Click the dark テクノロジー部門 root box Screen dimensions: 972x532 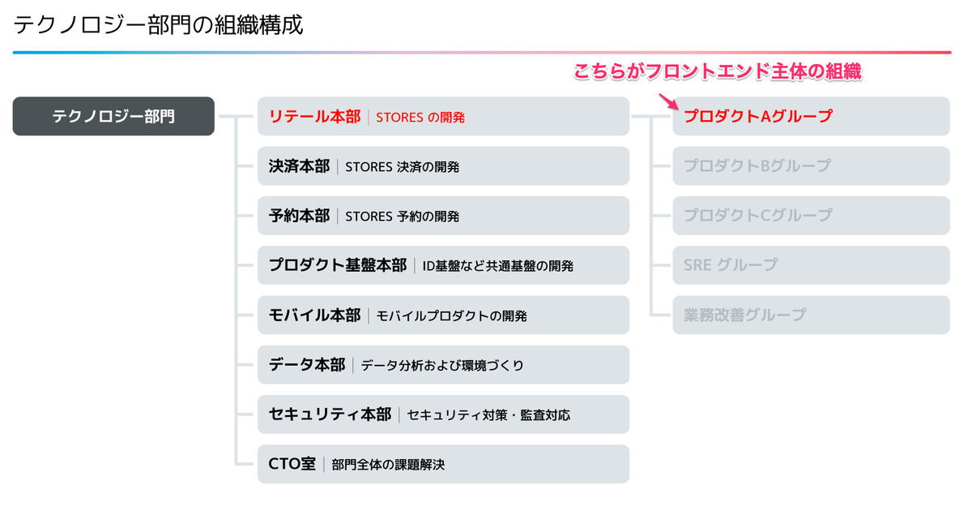pos(113,116)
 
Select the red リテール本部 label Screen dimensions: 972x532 pos(314,117)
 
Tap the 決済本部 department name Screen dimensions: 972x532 pos(299,166)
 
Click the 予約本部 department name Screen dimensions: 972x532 pos(299,216)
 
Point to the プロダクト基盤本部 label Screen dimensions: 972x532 pos(337,265)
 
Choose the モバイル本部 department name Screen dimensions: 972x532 pos(314,315)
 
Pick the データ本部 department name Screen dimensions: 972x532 pos(306,365)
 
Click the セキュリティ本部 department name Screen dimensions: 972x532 pos(330,414)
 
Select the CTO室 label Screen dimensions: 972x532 pos(292,464)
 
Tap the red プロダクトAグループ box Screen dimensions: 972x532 pos(811,116)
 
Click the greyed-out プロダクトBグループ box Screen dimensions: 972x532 pos(811,166)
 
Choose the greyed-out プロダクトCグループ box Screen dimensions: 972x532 pos(811,216)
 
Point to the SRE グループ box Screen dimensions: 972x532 pos(811,265)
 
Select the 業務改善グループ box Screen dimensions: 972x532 pos(811,315)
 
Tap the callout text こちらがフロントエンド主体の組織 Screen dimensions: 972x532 pos(718,72)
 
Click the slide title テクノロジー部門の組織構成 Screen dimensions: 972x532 pos(159,25)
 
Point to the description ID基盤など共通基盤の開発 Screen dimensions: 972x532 pos(497,266)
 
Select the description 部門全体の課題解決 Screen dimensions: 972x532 pos(388,465)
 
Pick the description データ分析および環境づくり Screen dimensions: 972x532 pos(442,366)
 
